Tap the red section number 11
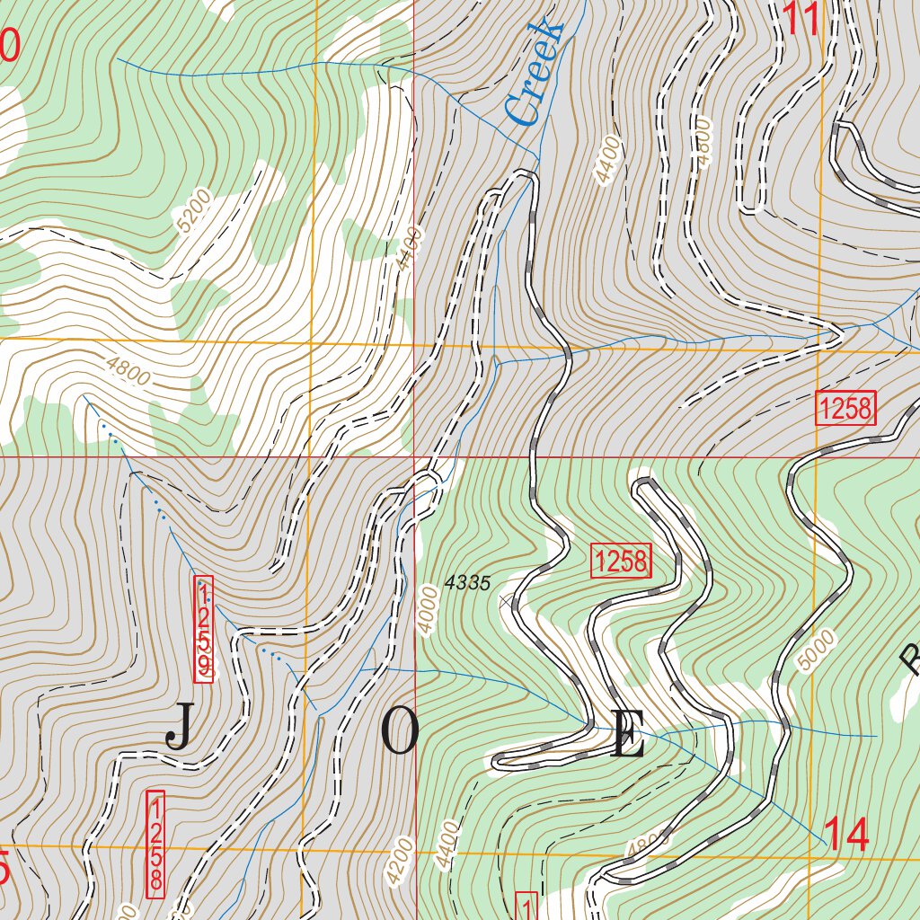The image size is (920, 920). (x=802, y=20)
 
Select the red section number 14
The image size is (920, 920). (x=846, y=836)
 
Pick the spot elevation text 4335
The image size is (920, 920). (x=467, y=584)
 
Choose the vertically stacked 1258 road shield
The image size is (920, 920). (x=155, y=843)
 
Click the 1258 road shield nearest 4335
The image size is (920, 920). (x=620, y=562)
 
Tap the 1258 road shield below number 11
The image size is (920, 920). (x=845, y=409)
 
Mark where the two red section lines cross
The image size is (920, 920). (x=414, y=456)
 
